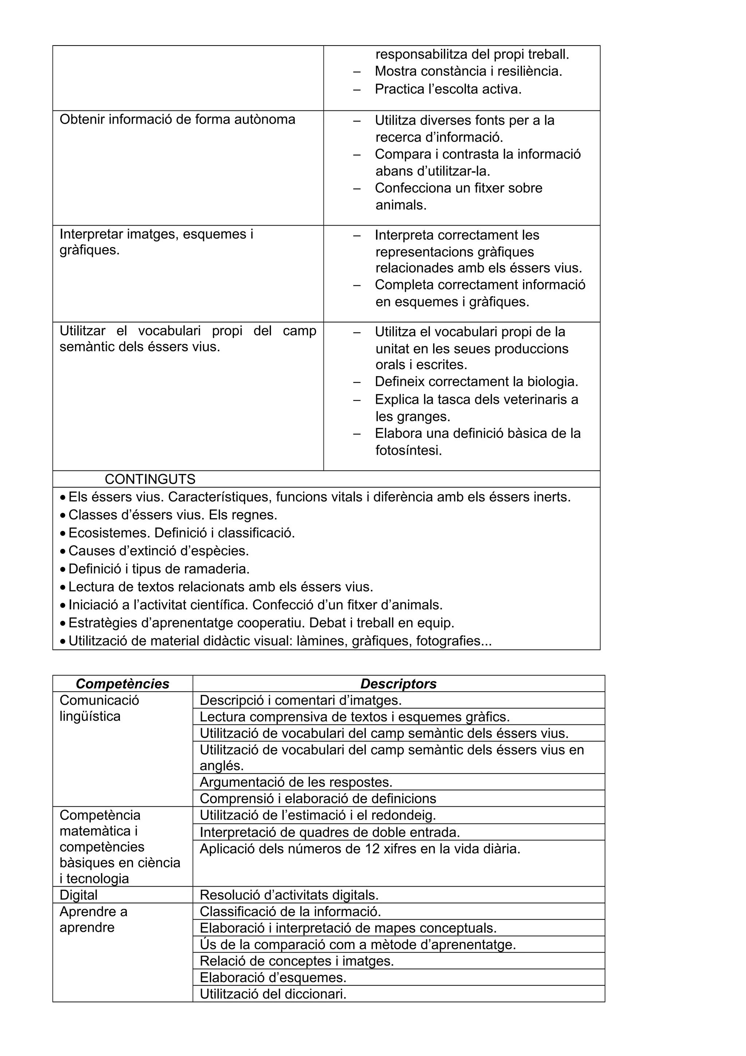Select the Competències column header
tap(122, 684)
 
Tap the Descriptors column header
tap(398, 684)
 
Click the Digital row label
tap(79, 895)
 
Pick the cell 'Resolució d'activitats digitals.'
tap(289, 895)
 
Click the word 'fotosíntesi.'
tap(408, 450)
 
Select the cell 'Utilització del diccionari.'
tap(273, 994)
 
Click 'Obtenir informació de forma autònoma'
tap(177, 120)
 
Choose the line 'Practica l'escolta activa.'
tap(448, 89)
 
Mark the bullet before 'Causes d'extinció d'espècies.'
tap(63, 551)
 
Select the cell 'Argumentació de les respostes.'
tap(296, 782)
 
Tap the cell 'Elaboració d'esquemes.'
tap(273, 977)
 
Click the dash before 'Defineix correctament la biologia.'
tap(357, 382)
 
